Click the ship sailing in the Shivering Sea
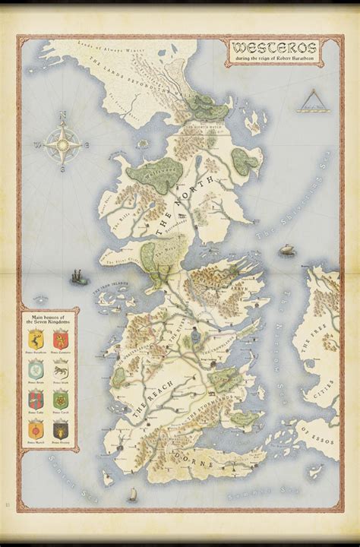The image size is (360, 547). pyautogui.click(x=286, y=249)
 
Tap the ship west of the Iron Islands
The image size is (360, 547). pyautogui.click(x=78, y=273)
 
